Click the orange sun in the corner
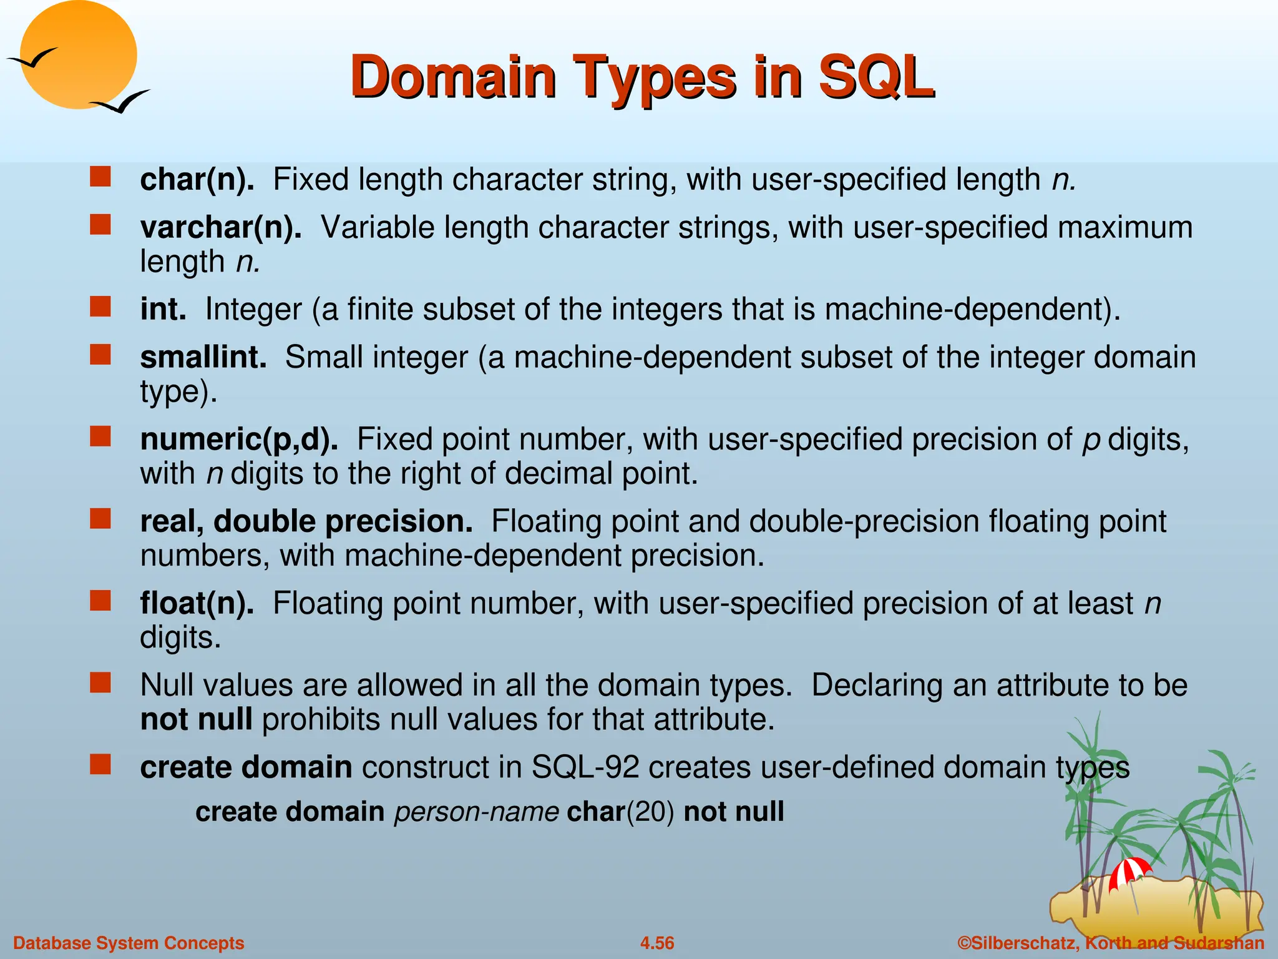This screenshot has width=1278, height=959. [78, 55]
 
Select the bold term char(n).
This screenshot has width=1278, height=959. [197, 180]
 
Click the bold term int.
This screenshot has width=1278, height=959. [163, 310]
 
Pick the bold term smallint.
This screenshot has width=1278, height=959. [203, 358]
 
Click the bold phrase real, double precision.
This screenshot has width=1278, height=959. [306, 521]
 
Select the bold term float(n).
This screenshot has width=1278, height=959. [197, 604]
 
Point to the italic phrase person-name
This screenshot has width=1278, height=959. [477, 812]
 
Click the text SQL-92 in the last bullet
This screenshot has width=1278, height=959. [585, 767]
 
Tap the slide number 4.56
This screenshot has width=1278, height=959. [657, 943]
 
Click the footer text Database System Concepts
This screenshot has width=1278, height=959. [129, 943]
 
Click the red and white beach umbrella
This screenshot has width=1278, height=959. [1129, 872]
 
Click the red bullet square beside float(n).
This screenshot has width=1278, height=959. [100, 601]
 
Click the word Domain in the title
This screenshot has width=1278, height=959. [453, 77]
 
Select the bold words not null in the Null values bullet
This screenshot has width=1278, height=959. [196, 720]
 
